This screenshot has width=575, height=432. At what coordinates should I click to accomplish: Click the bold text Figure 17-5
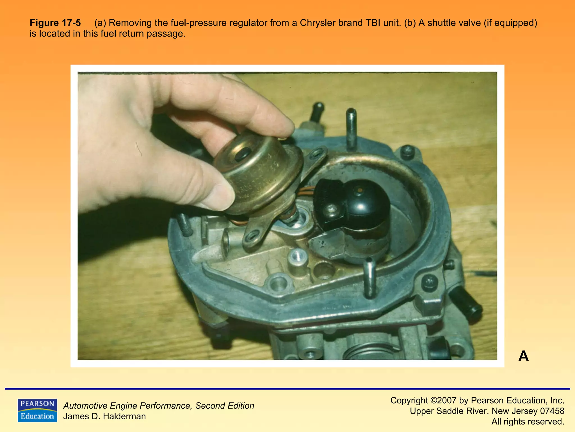click(x=55, y=23)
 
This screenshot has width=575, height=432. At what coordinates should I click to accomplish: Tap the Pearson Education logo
click(x=37, y=410)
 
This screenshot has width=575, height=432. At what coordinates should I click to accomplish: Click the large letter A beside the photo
click(x=523, y=356)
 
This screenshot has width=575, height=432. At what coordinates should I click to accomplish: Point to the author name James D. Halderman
click(x=104, y=416)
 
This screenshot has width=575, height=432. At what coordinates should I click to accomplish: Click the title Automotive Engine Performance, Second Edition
click(x=159, y=406)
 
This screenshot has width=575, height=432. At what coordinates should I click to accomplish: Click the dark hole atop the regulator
click(x=242, y=154)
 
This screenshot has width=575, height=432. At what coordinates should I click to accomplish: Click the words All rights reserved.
click(x=528, y=422)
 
